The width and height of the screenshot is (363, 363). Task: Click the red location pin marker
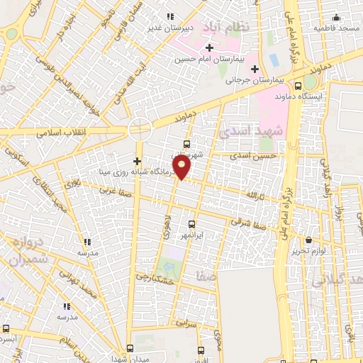click(184, 167)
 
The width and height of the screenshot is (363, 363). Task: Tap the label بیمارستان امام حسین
click(209, 60)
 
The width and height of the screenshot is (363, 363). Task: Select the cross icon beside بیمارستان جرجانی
click(254, 69)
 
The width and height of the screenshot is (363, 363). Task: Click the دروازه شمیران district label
click(28, 251)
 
